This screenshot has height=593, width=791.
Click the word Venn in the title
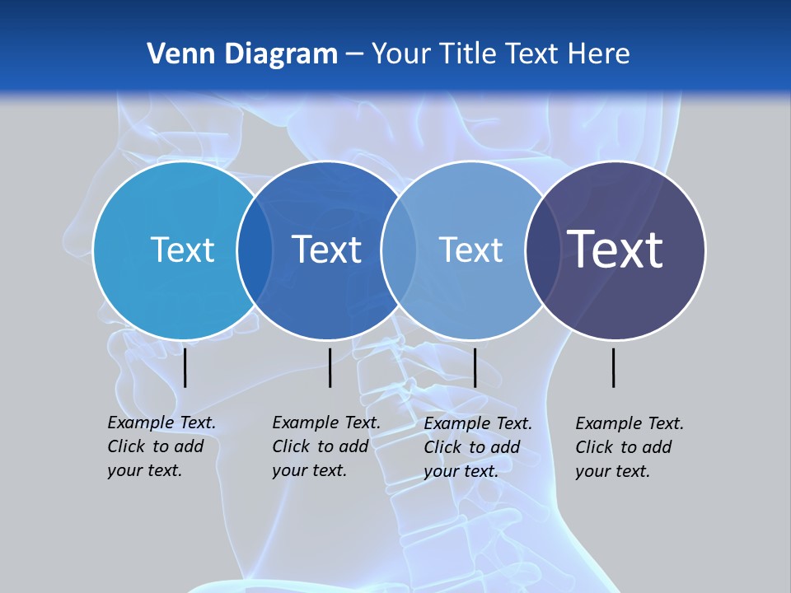pos(175,54)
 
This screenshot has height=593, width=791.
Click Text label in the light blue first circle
pos(182,250)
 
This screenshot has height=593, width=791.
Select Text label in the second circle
pos(326,250)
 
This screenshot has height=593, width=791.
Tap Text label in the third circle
pos(470,250)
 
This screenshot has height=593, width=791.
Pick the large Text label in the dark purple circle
pos(615,249)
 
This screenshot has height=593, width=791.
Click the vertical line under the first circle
pos(185,367)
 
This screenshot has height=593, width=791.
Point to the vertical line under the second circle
pos(330,367)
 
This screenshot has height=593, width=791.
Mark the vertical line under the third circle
pos(475,367)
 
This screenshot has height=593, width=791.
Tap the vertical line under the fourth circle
pos(614,367)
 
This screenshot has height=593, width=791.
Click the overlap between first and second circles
pos(255,250)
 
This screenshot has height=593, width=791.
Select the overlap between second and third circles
pos(400,250)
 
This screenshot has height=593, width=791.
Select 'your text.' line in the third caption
pos(461,471)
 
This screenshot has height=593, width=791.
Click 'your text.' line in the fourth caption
pos(613,471)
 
